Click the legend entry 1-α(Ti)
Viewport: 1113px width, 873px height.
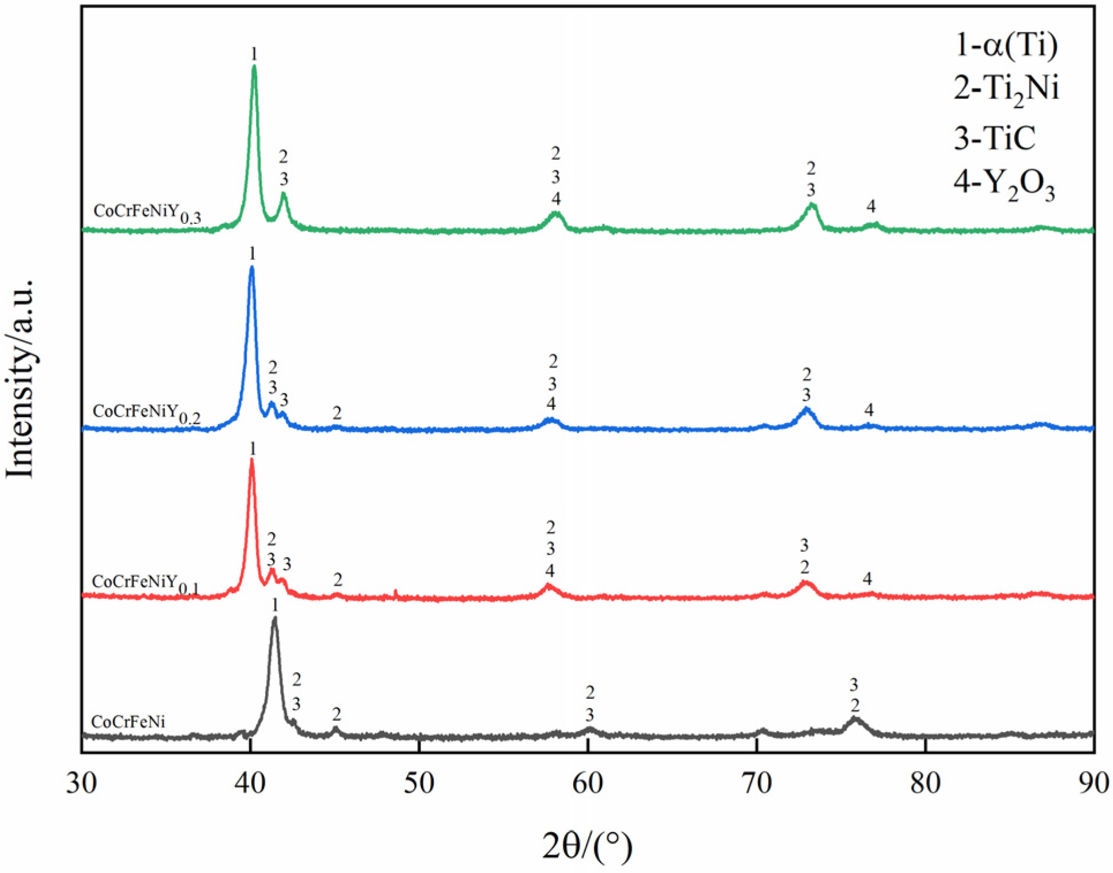coord(1006,45)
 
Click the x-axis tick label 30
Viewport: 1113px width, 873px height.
coord(81,784)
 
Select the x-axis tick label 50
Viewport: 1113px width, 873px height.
coord(419,784)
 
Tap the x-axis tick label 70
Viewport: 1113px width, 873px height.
coord(756,784)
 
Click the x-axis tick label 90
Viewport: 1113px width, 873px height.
coord(1093,784)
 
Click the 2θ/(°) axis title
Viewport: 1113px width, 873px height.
coord(587,846)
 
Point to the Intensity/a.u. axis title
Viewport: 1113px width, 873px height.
coord(20,379)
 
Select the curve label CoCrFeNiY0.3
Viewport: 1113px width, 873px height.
coord(147,213)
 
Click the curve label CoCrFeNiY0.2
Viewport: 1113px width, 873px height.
coord(146,413)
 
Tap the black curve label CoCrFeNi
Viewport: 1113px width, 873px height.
coord(128,722)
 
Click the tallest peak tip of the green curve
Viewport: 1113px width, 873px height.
coord(254,67)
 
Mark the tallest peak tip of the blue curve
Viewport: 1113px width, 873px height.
coord(251,268)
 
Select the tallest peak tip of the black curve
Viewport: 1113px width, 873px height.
coord(275,618)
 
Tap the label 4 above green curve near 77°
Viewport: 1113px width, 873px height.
coord(871,206)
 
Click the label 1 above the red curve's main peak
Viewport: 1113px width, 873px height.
coord(252,448)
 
